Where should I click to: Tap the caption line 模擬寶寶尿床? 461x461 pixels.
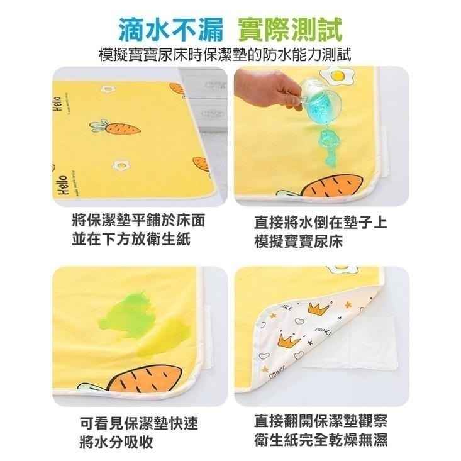point(299,241)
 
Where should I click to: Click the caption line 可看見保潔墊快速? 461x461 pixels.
point(139,423)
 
